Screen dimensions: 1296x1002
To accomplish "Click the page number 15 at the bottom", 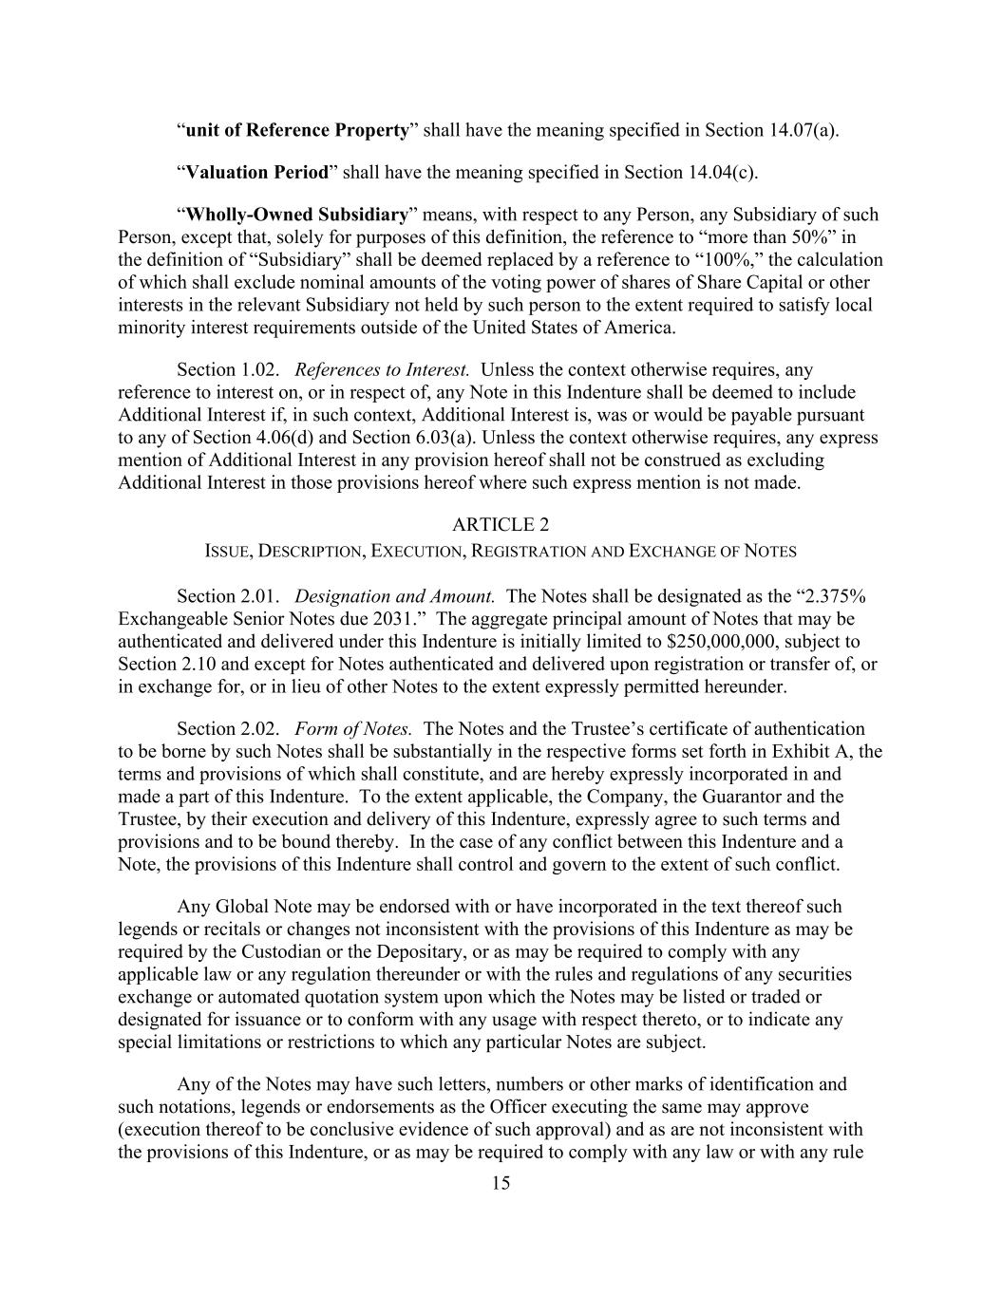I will (501, 1183).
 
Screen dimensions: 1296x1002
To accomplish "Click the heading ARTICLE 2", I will (501, 525).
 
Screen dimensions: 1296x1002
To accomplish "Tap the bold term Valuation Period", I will (256, 172).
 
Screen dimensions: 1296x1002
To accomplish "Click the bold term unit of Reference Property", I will (297, 130).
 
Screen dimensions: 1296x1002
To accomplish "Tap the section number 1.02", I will (258, 369).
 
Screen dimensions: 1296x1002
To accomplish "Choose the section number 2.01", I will (258, 596).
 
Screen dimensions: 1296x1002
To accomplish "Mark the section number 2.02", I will (258, 728).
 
